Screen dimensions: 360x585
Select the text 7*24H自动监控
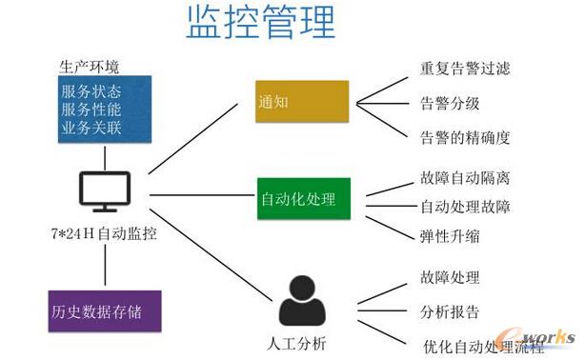pos(103,233)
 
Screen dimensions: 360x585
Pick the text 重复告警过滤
pos(465,69)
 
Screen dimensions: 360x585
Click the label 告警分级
pos(449,103)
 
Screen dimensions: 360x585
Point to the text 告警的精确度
pos(465,137)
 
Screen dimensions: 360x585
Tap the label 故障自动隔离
pos(465,178)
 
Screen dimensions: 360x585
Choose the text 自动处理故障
pos(465,206)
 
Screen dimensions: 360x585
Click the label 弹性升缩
pos(449,235)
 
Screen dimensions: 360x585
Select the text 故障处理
pos(449,278)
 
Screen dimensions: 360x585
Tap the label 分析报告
pos(449,311)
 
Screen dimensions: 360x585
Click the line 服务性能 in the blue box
pos(91,110)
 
